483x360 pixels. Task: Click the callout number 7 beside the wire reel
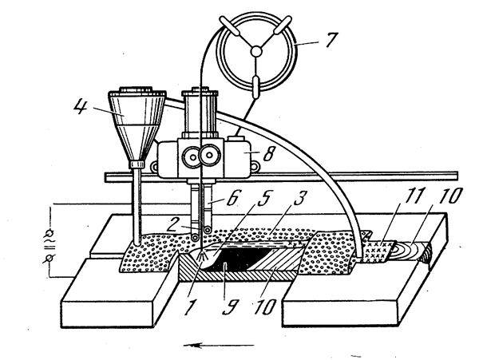pos(331,40)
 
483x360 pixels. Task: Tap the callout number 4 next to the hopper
pos(81,107)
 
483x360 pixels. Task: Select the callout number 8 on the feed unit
pos(267,154)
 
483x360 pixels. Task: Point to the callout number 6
pos(232,199)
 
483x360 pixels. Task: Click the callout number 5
pos(263,200)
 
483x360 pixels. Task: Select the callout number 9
pos(228,306)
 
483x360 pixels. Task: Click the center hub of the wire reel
pos(256,51)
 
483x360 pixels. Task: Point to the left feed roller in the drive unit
pos(192,157)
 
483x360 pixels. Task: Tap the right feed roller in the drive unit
pos(210,156)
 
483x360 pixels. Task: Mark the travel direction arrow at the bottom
pos(219,345)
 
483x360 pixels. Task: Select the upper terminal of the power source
pos(50,232)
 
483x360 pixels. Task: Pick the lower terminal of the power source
pos(49,258)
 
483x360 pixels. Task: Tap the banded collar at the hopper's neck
pos(137,164)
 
